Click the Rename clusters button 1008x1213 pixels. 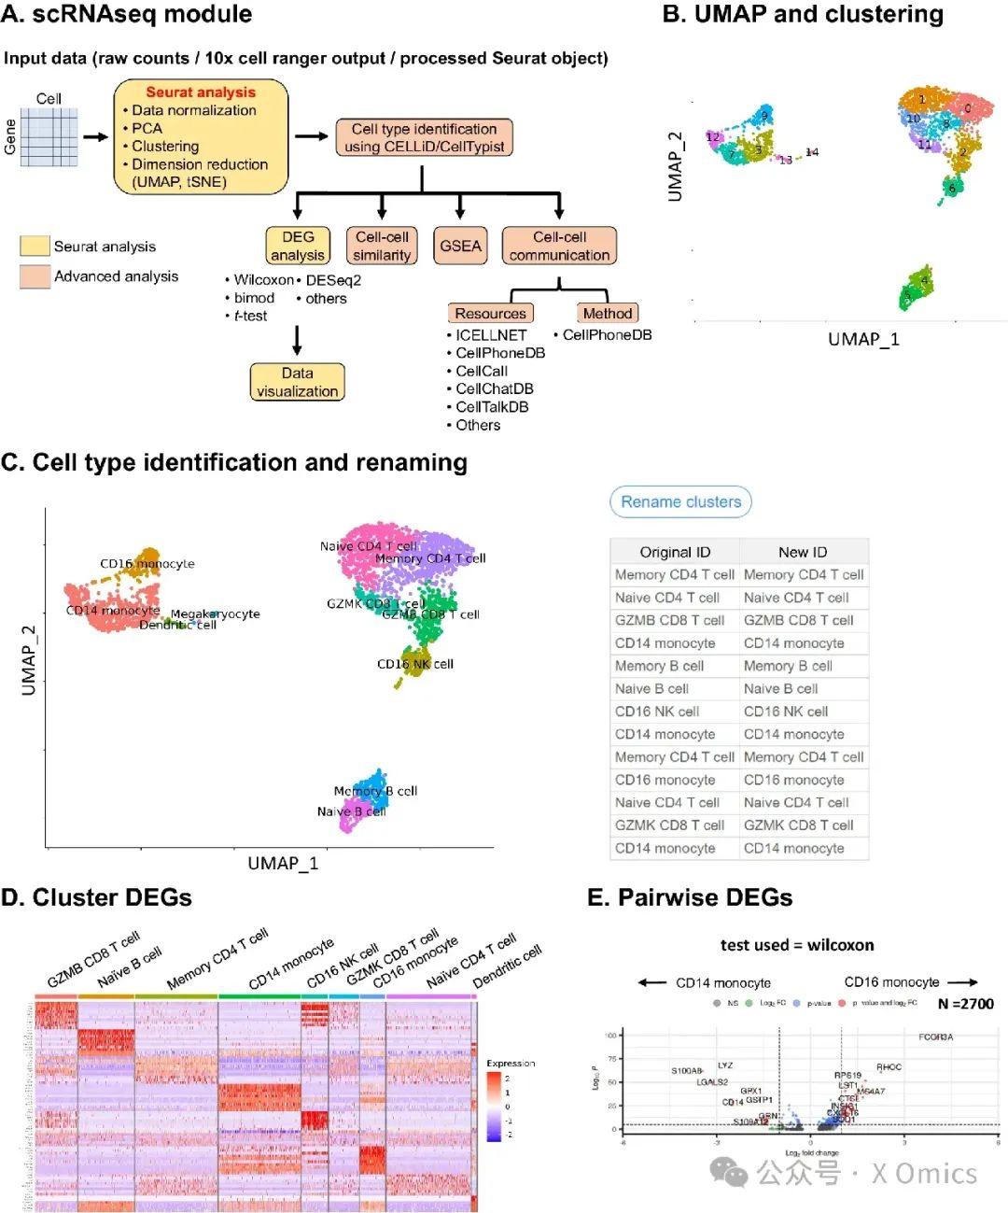(x=680, y=502)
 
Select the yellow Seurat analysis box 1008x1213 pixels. (x=201, y=136)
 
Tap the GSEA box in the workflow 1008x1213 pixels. (x=460, y=246)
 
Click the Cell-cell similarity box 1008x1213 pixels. (x=382, y=246)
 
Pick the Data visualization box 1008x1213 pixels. (x=297, y=382)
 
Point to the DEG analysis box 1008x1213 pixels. (x=298, y=246)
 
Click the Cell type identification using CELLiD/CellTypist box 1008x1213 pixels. (x=424, y=137)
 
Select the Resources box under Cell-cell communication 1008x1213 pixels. (x=490, y=314)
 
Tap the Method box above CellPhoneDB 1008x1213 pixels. (x=607, y=314)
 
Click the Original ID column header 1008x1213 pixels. (x=675, y=552)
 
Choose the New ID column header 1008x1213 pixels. (x=803, y=552)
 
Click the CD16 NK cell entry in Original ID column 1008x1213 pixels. (x=657, y=712)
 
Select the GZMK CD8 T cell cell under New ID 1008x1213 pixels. (x=798, y=825)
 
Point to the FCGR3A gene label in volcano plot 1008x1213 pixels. (x=935, y=1037)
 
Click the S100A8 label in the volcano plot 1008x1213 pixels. (x=687, y=1071)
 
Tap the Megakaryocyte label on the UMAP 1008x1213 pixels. (x=215, y=614)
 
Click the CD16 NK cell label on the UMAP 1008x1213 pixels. (x=415, y=664)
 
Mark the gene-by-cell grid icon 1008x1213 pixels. (x=49, y=137)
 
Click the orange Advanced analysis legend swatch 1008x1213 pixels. (x=35, y=276)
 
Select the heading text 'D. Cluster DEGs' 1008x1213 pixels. (x=96, y=897)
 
